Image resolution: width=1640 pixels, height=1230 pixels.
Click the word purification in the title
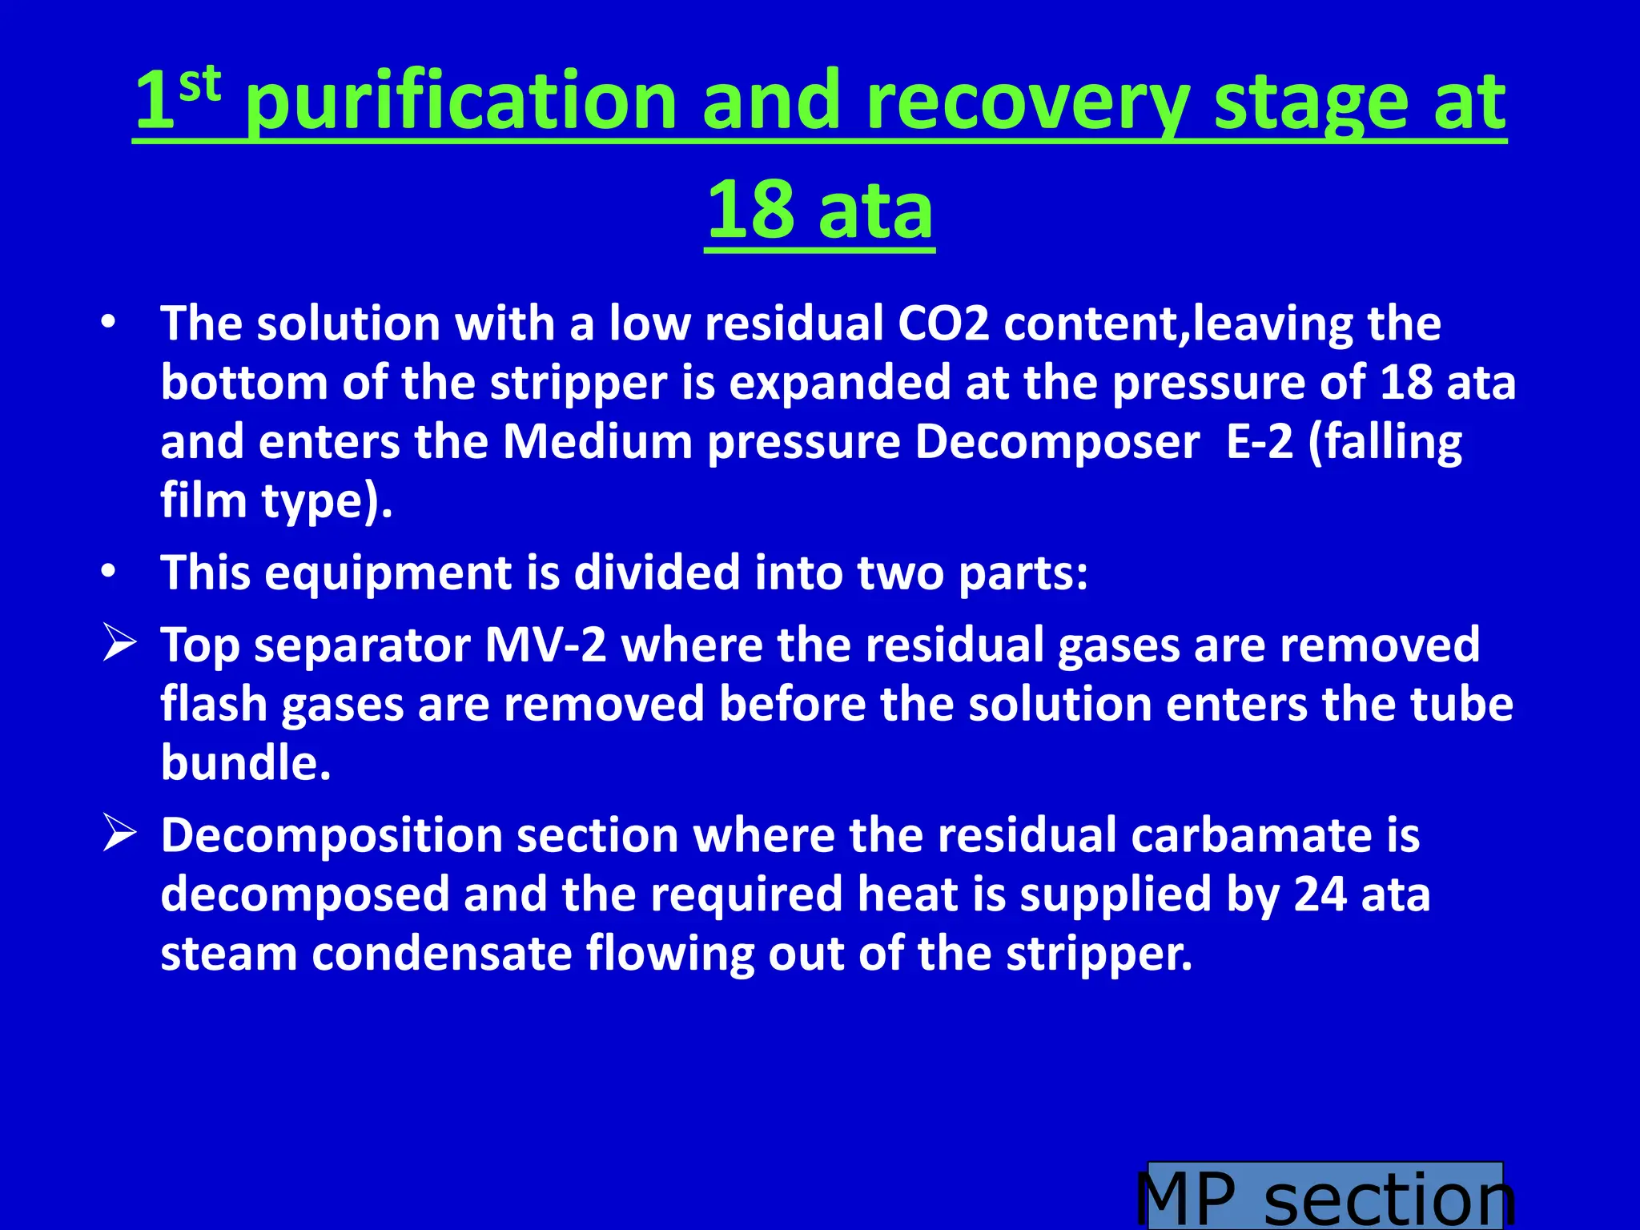461,102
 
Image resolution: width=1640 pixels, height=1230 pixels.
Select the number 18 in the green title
750,210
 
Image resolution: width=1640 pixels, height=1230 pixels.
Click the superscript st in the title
199,85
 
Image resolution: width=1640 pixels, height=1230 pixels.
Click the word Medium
597,442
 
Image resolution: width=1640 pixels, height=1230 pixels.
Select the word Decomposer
1057,442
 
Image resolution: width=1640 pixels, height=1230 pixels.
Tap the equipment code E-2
1259,442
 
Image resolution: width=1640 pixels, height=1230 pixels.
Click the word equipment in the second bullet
388,573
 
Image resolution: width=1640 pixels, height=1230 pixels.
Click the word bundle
245,763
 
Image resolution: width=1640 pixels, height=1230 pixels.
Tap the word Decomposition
332,836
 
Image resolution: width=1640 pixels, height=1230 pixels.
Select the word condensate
441,954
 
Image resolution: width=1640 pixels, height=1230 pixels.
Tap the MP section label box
1325,1196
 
